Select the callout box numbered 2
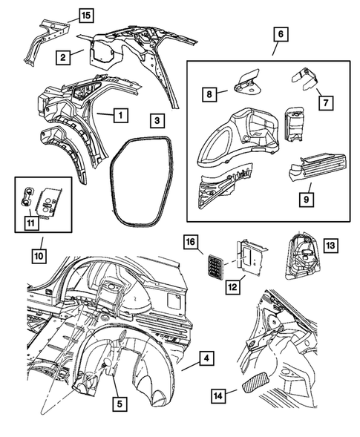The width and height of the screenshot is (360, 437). coord(65,56)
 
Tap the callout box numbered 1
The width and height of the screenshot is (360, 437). coord(117,114)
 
